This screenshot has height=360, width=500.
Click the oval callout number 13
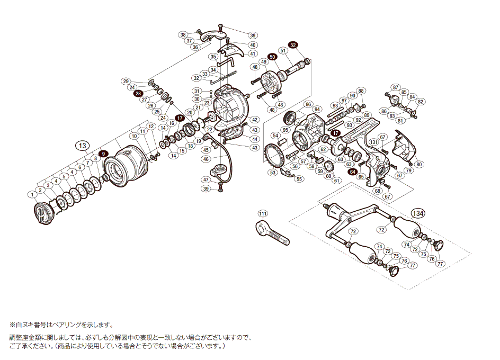82,146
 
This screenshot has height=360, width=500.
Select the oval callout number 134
418,213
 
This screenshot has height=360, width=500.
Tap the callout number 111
262,213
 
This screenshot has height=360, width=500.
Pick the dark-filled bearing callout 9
104,154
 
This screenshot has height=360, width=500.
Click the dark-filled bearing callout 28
138,93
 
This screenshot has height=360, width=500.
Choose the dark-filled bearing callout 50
272,57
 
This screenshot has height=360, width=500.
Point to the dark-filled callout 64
352,171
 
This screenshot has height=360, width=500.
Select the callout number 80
419,164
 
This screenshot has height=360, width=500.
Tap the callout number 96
308,104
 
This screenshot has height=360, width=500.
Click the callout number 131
374,142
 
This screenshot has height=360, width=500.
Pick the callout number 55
300,179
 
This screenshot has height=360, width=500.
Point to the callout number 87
395,87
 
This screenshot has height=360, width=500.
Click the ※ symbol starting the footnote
12,325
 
